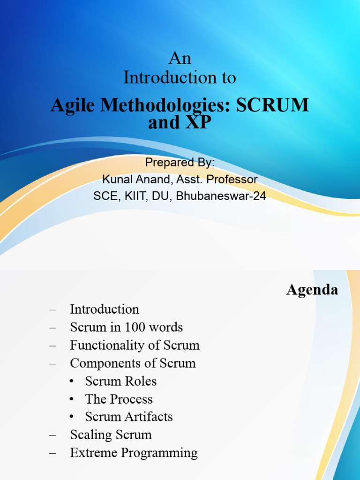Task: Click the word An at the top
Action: tap(180, 59)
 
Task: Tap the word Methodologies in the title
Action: tap(169, 105)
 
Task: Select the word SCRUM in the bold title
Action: tap(272, 105)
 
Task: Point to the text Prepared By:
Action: tap(180, 163)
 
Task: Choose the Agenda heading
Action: tap(312, 290)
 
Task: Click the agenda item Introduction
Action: tap(105, 309)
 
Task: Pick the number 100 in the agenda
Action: tap(130, 327)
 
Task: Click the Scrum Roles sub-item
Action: tap(120, 381)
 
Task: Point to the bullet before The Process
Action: tap(72, 399)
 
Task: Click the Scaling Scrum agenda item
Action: tap(111, 435)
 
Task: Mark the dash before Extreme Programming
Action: tap(52, 453)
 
